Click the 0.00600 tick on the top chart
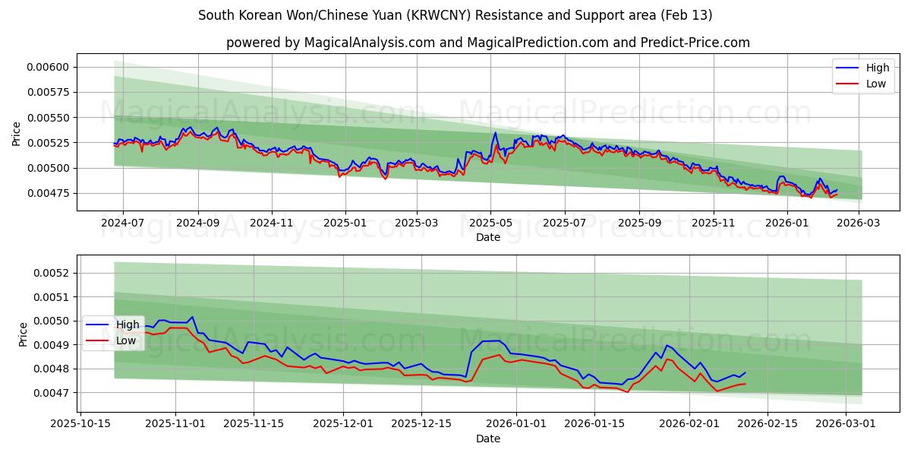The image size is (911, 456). (47, 67)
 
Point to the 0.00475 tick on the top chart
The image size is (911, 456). (47, 193)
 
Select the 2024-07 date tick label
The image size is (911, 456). (123, 223)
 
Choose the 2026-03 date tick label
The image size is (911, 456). (858, 223)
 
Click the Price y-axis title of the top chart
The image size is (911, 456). (17, 134)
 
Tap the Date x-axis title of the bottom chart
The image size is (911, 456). (488, 439)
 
